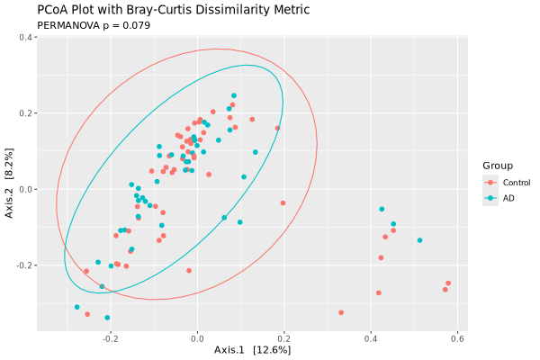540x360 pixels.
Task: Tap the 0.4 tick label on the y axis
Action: (26, 37)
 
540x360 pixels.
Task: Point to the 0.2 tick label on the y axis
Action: (26, 113)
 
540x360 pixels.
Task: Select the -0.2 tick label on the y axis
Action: (24, 265)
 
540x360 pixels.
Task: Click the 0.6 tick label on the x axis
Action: (457, 338)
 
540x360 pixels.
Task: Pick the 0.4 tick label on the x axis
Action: (371, 338)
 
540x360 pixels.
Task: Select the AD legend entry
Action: (508, 198)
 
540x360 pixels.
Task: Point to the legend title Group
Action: (498, 166)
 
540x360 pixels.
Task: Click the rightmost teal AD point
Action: (419, 240)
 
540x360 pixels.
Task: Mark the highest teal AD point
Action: (234, 95)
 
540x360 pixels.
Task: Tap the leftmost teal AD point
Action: (77, 307)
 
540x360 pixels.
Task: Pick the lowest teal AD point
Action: (107, 318)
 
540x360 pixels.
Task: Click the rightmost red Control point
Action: (448, 283)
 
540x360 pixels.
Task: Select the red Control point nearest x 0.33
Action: (341, 312)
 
